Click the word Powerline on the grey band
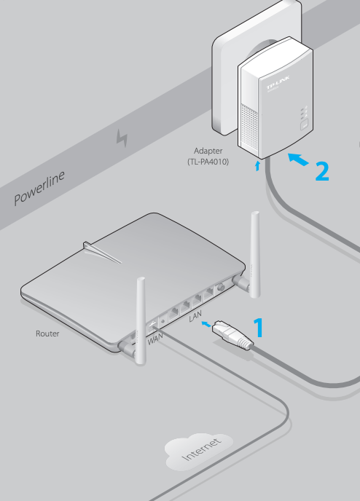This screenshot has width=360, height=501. pos(39,188)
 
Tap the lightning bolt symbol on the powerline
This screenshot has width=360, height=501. pos(122,138)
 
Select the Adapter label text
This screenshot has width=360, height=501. pos(208,151)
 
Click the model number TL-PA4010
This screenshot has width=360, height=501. pos(208,162)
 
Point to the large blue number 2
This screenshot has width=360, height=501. pos(322,172)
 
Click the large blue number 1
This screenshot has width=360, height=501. pos(259,327)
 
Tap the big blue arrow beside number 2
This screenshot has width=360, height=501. pos(299,159)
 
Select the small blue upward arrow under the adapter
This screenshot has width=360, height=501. pos(257,166)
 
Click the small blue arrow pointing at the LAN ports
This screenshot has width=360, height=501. pos(206,324)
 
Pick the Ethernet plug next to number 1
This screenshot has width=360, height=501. pos(232,334)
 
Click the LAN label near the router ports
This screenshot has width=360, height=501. pos(195,316)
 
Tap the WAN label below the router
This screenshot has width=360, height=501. pos(155,339)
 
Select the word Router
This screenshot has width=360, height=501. pos(47,334)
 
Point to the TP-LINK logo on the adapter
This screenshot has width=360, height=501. pos(278,82)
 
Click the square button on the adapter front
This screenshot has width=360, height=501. pos(304,125)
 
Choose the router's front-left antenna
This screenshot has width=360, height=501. pos(141,320)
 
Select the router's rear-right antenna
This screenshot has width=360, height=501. pos(255,254)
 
